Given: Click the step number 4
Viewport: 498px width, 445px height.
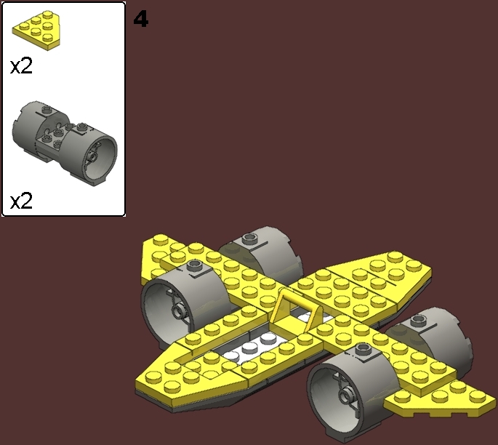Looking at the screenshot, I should (141, 20).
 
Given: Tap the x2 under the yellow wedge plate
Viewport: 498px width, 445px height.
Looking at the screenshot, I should (22, 67).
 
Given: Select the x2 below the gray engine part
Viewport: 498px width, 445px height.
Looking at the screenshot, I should (22, 200).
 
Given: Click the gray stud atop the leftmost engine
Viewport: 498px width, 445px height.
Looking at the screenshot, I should (194, 266).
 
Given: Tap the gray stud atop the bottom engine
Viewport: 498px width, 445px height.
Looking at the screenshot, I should (364, 351).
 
